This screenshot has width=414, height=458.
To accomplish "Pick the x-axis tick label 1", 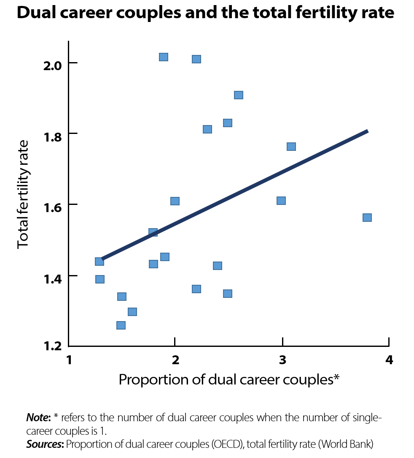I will [x=69, y=360].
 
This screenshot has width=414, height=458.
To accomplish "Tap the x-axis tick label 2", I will [x=175, y=360].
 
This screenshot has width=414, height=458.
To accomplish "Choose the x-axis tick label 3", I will [x=282, y=360].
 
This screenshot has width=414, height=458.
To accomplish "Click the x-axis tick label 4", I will [x=389, y=360].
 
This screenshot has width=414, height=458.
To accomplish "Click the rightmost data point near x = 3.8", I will [x=367, y=218].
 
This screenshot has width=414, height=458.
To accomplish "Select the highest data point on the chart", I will [x=164, y=57].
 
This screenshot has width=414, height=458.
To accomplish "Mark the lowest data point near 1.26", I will [x=121, y=325].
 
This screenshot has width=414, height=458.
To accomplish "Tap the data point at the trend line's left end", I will [x=99, y=262].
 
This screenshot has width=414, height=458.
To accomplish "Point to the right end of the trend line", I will [x=367, y=131].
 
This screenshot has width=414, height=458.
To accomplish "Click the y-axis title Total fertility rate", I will [x=23, y=195].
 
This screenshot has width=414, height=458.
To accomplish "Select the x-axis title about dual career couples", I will [x=229, y=379].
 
